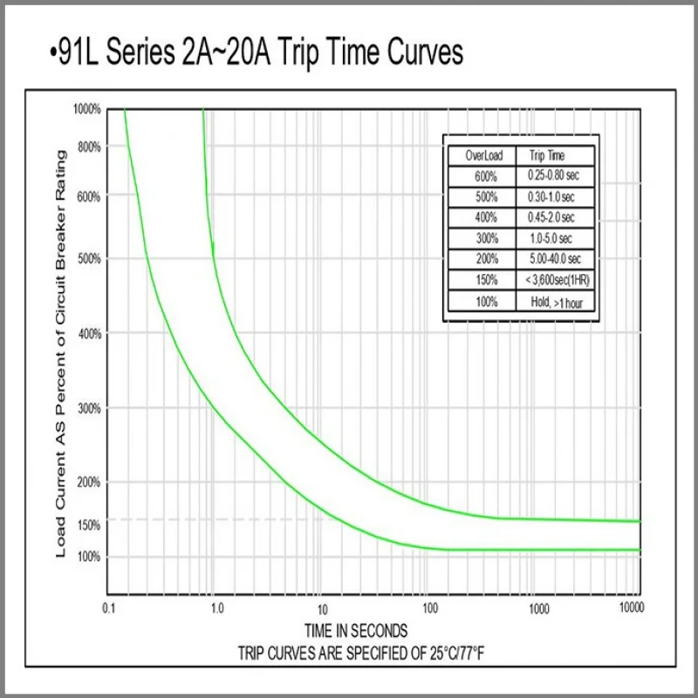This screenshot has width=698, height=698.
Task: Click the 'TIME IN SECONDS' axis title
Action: [x=355, y=630]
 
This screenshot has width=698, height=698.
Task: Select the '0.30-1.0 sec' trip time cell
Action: [x=551, y=196]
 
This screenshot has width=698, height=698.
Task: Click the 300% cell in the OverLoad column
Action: [x=486, y=238]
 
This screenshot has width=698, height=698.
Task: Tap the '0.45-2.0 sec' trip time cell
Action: [x=551, y=217]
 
